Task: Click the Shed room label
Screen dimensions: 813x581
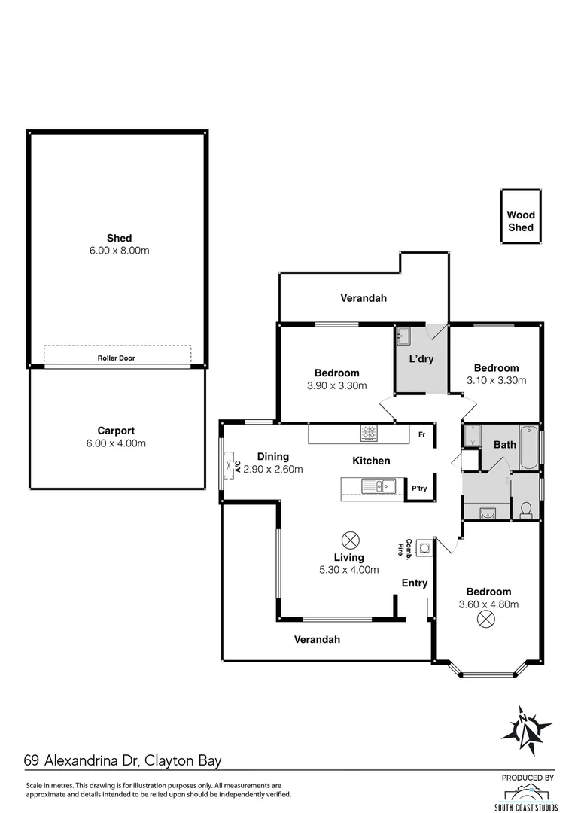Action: coord(118,239)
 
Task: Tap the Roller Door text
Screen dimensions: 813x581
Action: coord(116,358)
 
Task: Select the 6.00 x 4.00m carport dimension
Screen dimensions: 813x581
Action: coord(116,443)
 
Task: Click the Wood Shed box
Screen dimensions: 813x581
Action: coord(521,221)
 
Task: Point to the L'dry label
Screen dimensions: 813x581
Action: coord(421,359)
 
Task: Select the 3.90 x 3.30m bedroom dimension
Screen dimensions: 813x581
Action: coord(336,385)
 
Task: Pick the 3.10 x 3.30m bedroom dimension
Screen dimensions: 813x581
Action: coord(496,380)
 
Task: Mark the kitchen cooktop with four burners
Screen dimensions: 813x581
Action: coord(370,432)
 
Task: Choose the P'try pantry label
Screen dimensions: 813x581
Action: coord(419,489)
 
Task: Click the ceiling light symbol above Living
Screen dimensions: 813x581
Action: coord(349,539)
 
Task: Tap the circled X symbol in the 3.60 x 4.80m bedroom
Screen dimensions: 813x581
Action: coord(486,619)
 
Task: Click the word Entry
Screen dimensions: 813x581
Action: coord(415,583)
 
